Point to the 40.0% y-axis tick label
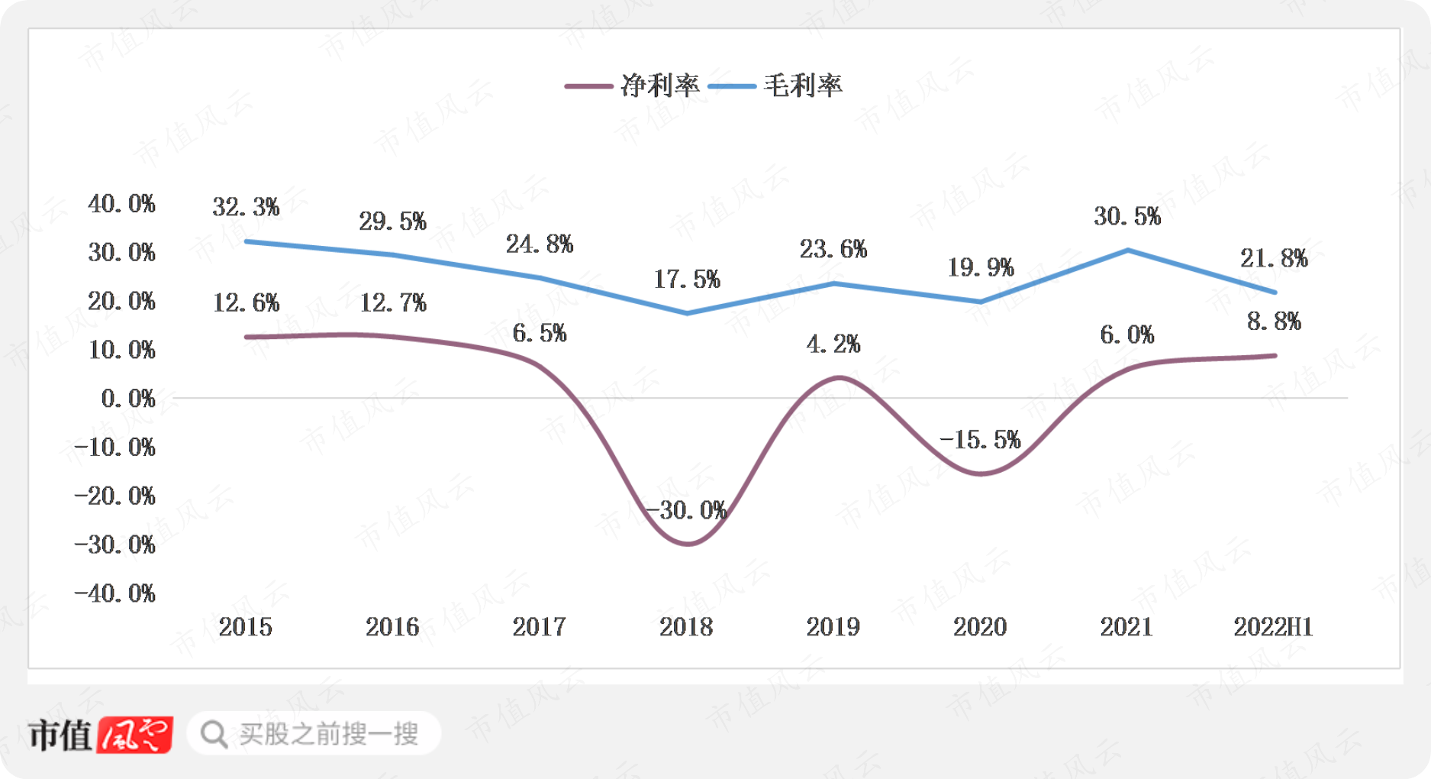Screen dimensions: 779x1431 (121, 204)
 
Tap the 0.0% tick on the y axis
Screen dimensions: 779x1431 (128, 399)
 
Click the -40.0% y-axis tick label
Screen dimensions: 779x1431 (115, 593)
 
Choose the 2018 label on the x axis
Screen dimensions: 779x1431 (686, 627)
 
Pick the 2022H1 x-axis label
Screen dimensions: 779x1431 (1273, 627)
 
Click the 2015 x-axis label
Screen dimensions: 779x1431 (246, 627)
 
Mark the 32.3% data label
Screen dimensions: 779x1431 (246, 207)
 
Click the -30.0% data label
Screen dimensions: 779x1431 (686, 510)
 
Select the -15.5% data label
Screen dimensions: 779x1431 (980, 440)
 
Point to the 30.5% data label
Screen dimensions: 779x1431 (1127, 217)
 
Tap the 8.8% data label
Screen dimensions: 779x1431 (1274, 322)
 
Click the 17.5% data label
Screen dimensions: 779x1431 (686, 280)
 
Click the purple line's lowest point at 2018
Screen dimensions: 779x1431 (687, 544)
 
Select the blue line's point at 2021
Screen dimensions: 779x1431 (1128, 251)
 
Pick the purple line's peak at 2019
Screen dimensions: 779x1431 (838, 377)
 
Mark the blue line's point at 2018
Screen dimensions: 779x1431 (687, 313)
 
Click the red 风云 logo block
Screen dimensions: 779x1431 (135, 735)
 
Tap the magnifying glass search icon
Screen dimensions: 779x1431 (214, 735)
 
